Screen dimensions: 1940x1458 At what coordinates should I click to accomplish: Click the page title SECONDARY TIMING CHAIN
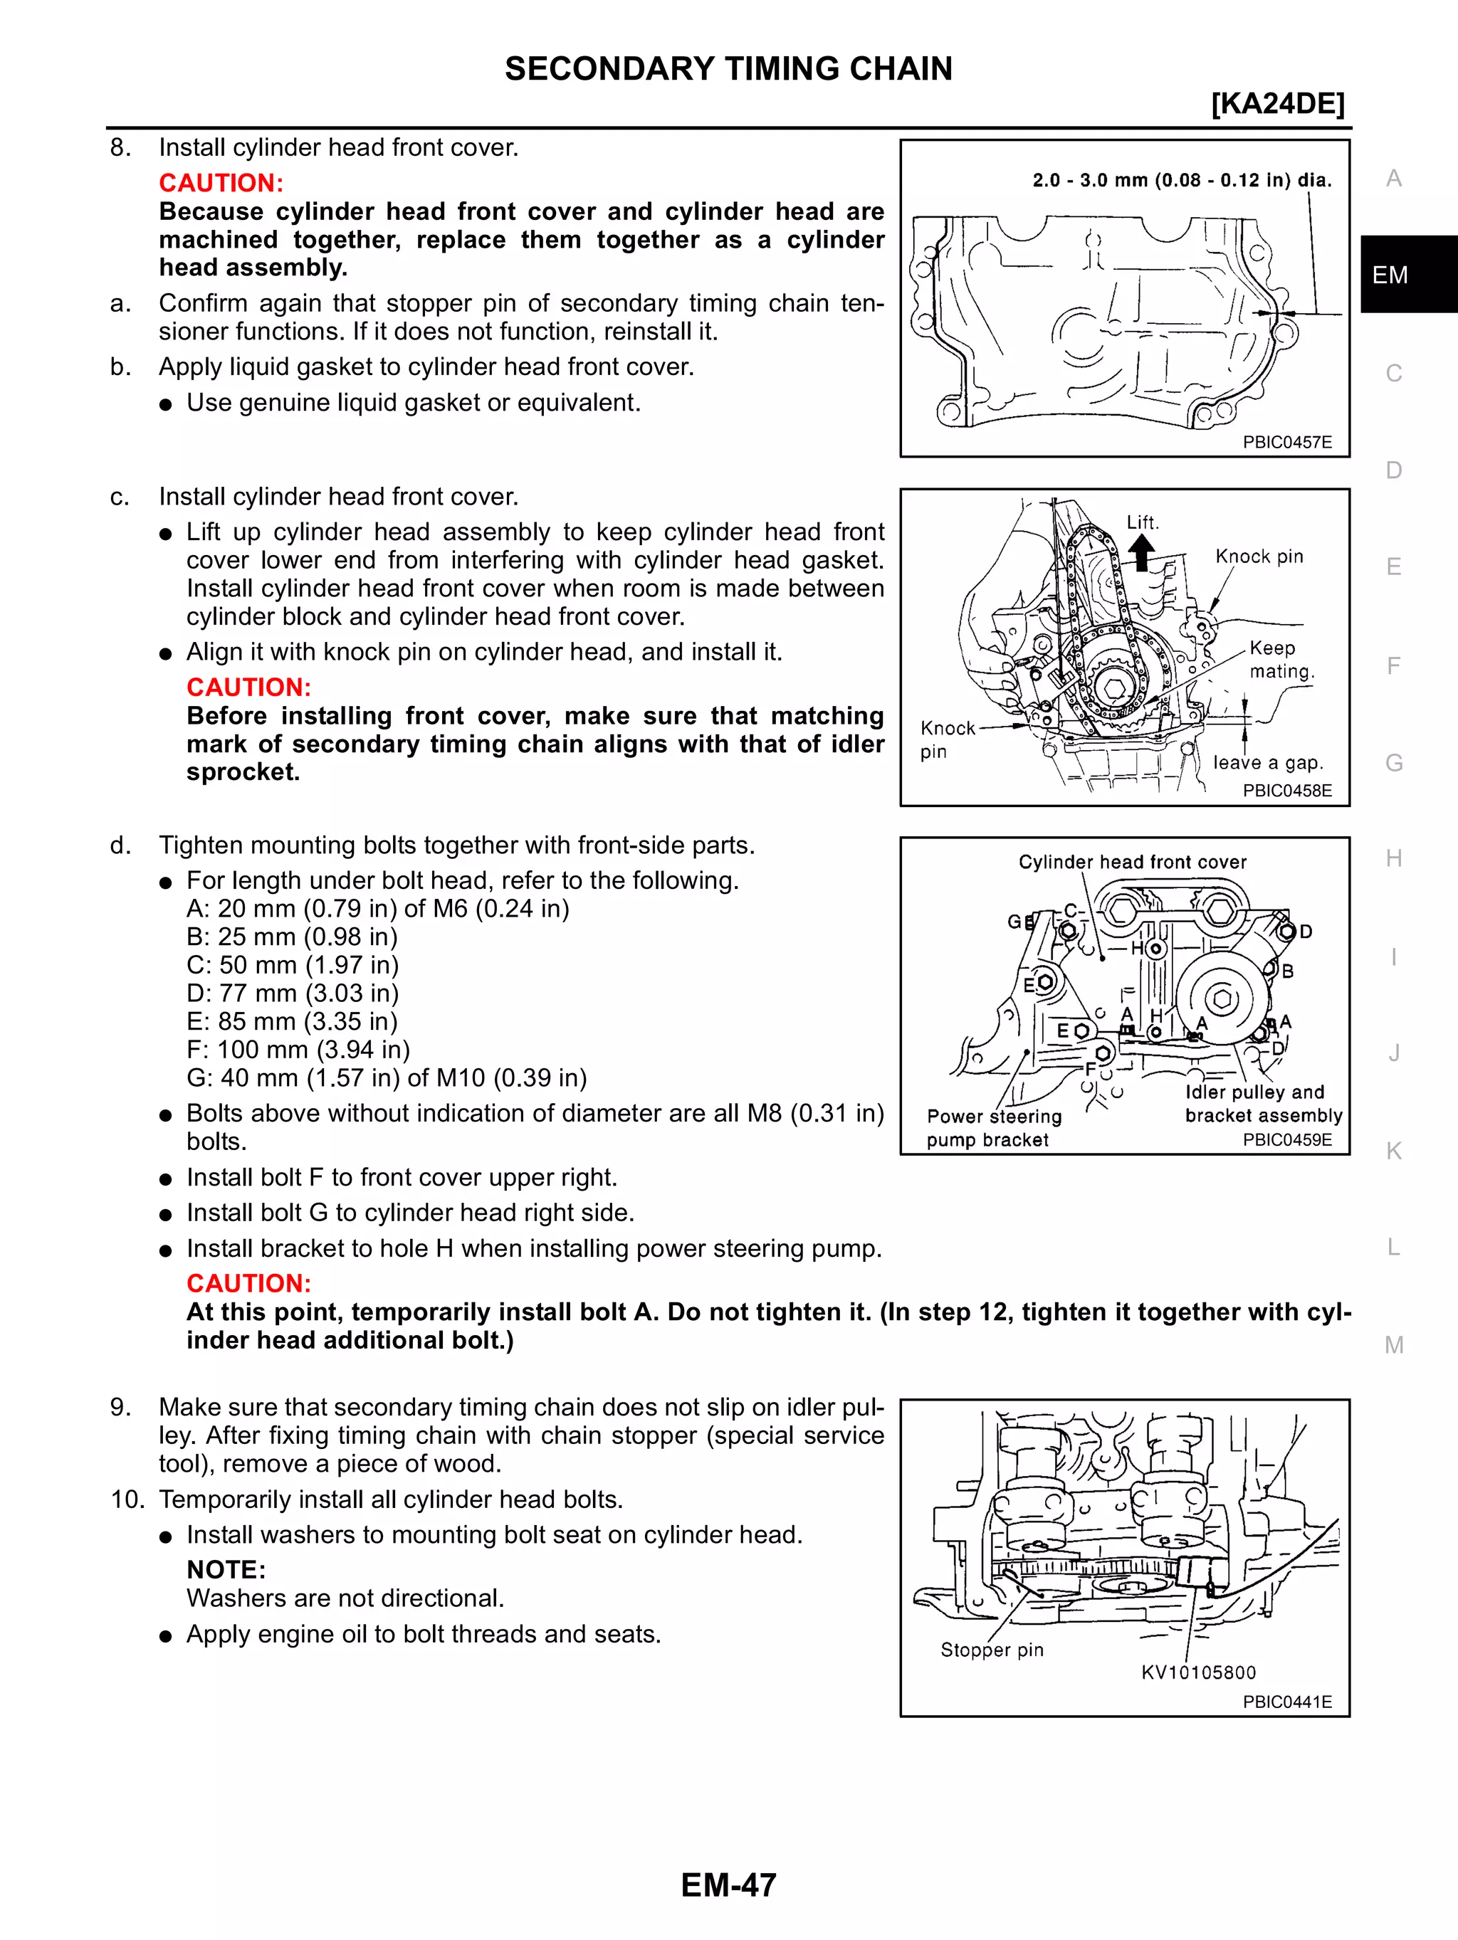[728, 68]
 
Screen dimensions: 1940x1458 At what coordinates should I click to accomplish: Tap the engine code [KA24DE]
[1277, 103]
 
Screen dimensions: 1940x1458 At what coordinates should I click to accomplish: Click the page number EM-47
[728, 1884]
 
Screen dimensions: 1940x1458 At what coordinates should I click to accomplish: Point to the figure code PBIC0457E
[1287, 442]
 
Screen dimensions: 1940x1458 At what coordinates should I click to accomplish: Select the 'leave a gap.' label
[1266, 763]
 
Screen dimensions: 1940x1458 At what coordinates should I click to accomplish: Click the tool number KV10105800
[1198, 1672]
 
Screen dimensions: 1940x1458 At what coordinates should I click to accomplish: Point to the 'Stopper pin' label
[991, 1650]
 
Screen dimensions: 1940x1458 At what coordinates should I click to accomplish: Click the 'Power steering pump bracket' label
[993, 1128]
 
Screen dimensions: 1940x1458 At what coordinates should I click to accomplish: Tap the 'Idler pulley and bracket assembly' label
[1263, 1103]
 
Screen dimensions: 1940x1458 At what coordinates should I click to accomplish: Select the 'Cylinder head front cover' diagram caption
[1132, 862]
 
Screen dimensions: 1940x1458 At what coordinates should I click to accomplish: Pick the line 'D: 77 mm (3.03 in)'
[292, 993]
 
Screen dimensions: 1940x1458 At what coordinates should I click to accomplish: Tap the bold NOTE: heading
[226, 1569]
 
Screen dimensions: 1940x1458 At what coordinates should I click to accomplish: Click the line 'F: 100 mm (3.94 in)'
[298, 1049]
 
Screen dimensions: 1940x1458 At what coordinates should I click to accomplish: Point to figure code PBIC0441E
[1287, 1702]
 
